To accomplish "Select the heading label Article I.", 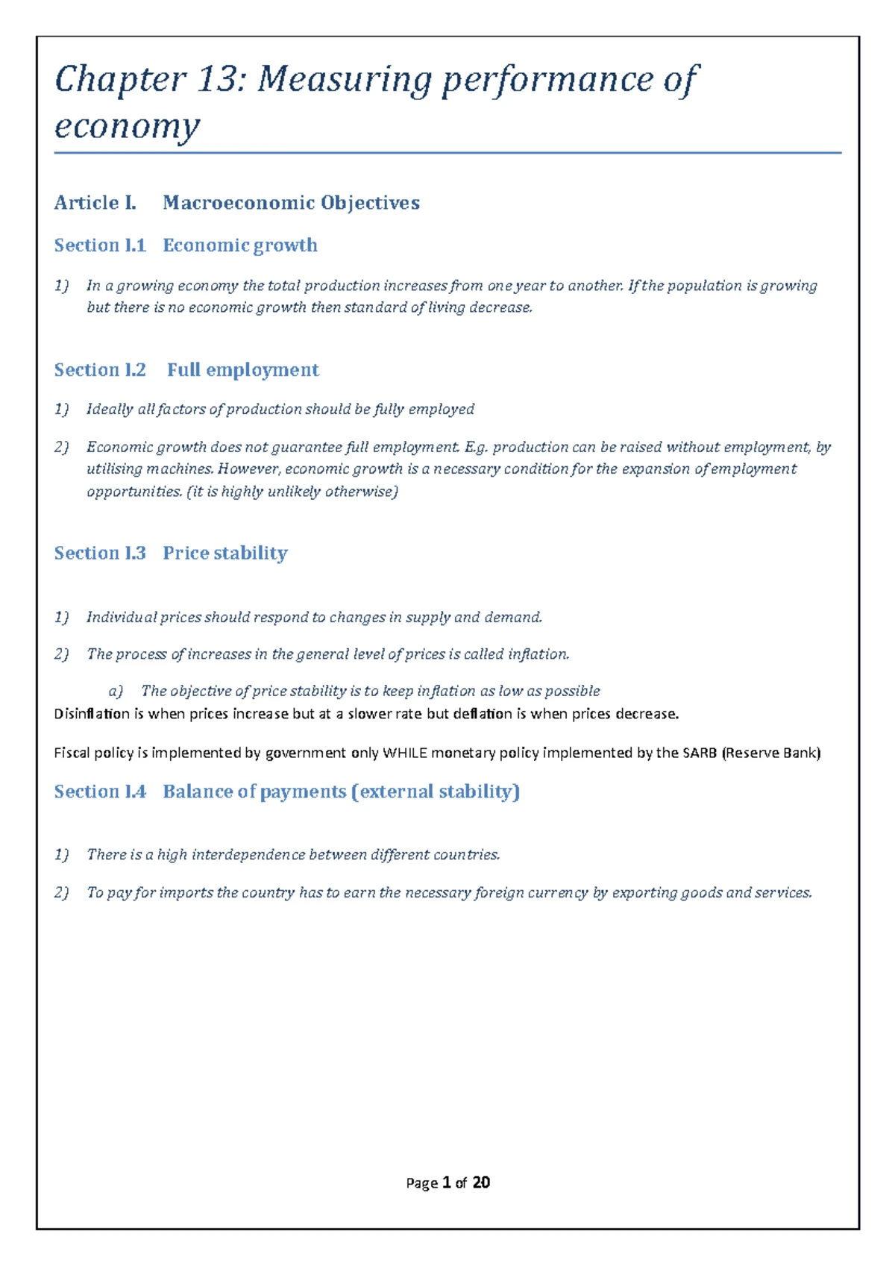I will tap(95, 203).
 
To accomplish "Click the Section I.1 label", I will tap(100, 245).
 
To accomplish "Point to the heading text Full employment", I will tap(242, 370).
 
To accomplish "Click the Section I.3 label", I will tap(100, 553).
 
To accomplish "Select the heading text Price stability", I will tap(224, 553).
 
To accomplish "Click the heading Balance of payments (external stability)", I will tap(341, 792).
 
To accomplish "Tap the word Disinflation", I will tap(92, 714).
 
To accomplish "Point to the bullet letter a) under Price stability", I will tap(116, 692).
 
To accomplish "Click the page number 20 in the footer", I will tap(481, 1182).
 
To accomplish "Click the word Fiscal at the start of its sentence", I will tap(72, 753).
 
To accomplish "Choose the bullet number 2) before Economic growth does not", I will tap(61, 448).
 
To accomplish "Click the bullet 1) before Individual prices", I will tap(61, 618).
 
